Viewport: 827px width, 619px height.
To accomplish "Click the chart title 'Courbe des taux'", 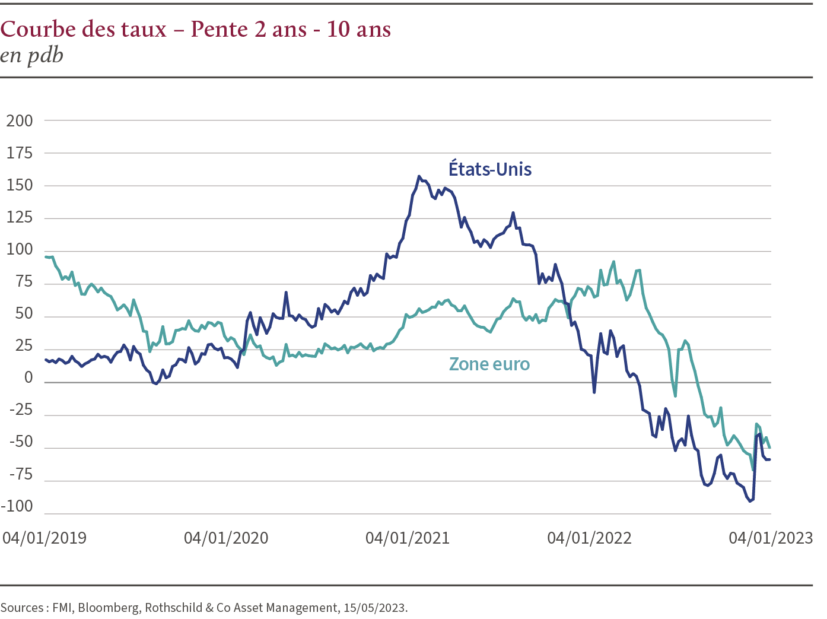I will coord(84,29).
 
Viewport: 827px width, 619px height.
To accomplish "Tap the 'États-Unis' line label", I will coord(490,169).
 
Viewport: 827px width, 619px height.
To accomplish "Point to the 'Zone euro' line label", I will coord(489,364).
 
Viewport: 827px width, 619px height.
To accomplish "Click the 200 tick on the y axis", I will coord(20,121).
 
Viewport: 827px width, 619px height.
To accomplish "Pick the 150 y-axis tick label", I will coord(20,186).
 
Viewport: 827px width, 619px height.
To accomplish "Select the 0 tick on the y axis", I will coord(28,379).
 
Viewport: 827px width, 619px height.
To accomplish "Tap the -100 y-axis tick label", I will coord(17,507).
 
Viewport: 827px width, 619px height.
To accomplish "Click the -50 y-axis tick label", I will coord(21,443).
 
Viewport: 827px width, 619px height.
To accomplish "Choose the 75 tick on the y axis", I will coord(24,282).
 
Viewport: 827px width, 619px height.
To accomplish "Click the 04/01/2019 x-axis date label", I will coord(44,538).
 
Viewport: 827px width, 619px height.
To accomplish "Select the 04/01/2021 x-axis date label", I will coord(408,538).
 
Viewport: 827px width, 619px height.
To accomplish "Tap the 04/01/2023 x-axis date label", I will coord(771,538).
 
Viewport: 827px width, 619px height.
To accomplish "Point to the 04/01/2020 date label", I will coord(226,538).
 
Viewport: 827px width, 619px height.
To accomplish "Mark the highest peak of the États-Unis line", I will coord(419,176).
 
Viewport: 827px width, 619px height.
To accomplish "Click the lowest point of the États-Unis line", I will coord(750,501).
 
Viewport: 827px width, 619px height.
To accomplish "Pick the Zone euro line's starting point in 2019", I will coord(46,256).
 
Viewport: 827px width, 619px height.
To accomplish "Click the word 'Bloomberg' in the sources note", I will coord(109,608).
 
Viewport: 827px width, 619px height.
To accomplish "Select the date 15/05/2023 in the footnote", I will coord(373,608).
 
